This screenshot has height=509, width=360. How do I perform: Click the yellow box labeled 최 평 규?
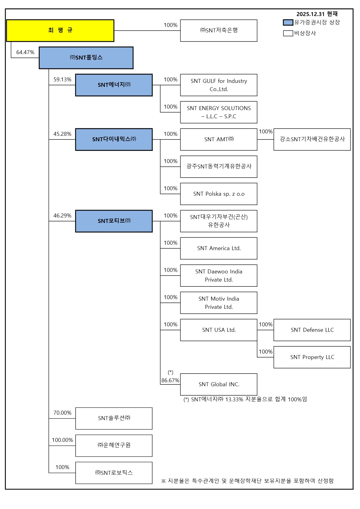pos(60,31)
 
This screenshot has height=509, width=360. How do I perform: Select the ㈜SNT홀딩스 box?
pos(86,58)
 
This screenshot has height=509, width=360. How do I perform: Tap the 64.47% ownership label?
pos(25,52)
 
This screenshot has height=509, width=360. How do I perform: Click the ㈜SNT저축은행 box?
pos(218,31)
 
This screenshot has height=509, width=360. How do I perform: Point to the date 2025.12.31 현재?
pos(317,14)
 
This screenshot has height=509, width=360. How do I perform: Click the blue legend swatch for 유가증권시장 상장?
pos(288,22)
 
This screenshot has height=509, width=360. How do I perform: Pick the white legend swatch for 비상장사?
pos(288,33)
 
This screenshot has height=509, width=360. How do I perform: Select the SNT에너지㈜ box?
pos(114,85)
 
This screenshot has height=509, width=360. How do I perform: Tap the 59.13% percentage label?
pos(62,80)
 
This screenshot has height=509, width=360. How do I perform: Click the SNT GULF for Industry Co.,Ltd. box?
pos(218,85)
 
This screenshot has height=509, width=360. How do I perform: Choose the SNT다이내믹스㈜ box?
pos(114,139)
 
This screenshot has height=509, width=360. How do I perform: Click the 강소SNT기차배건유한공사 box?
pos(312,139)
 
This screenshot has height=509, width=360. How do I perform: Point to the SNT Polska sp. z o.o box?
pos(218,194)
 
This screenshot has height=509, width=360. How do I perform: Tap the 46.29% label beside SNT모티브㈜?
pos(62,216)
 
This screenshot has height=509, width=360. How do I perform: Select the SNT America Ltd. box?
pos(218,248)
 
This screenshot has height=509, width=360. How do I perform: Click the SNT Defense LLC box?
pos(312,330)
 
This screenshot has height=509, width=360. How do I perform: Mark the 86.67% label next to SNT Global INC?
pos(170,380)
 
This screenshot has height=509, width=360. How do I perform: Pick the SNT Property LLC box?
pos(312,357)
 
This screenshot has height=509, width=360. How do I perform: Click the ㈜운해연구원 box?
pos(114,445)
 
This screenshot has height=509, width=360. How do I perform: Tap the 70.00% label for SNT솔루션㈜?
pos(62,413)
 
